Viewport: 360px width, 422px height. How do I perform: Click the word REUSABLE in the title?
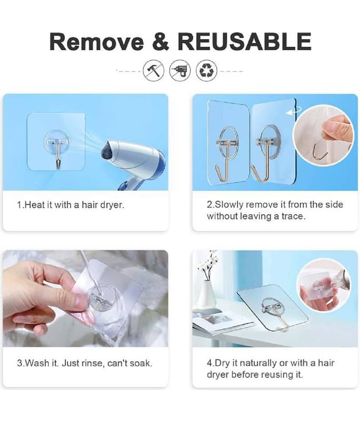coord(244,42)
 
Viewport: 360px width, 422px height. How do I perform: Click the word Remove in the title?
coord(96,42)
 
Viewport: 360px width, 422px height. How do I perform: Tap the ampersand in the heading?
coord(161,42)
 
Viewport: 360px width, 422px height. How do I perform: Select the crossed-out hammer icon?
coord(153,71)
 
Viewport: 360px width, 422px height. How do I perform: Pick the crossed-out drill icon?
coord(180,71)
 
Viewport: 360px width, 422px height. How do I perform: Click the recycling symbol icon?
coord(207,71)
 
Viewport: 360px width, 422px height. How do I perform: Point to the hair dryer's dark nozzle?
coord(108,153)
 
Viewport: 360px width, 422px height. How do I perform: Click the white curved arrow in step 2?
coord(294,111)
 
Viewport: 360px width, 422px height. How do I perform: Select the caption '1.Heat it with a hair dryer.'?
coord(71,205)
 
